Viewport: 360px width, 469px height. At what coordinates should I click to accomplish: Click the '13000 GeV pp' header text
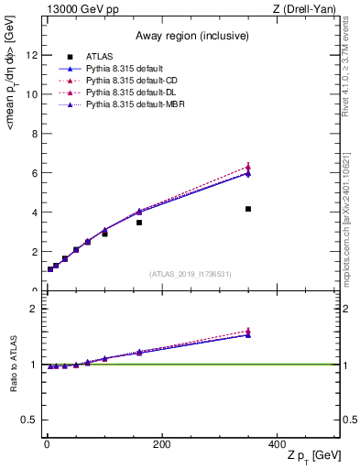click(x=80, y=9)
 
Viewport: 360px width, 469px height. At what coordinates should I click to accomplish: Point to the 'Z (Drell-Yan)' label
click(x=304, y=9)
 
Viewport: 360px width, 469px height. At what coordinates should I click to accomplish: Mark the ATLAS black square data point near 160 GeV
click(x=139, y=223)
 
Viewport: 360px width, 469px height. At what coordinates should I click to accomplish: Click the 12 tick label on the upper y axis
click(x=32, y=55)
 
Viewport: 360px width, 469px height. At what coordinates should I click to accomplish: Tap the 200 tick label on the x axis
click(x=161, y=443)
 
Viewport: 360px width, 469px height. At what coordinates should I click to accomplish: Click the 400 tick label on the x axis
click(x=277, y=443)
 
